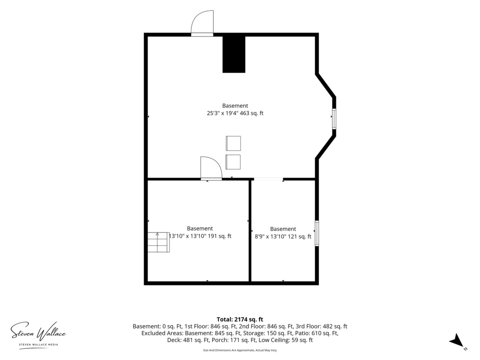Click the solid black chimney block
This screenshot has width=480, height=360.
(x=234, y=54)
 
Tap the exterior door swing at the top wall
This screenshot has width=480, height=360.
(x=202, y=23)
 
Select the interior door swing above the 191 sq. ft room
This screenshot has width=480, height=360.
(x=211, y=168)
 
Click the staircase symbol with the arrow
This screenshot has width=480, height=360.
(x=159, y=242)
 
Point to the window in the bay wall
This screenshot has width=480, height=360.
(x=334, y=119)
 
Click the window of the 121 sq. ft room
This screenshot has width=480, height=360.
(x=316, y=233)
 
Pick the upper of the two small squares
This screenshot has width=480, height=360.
(x=233, y=143)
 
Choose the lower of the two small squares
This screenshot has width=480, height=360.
(x=233, y=162)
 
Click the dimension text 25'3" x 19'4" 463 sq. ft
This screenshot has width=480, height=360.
(x=235, y=113)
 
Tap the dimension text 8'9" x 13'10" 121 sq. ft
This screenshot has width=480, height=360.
(x=283, y=237)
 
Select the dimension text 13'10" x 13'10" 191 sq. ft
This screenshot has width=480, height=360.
(x=200, y=236)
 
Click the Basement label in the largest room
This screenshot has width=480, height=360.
(x=235, y=106)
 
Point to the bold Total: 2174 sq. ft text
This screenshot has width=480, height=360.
(x=240, y=319)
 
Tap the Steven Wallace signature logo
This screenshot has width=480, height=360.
(x=38, y=332)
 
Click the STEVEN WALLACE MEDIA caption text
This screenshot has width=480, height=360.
(x=39, y=345)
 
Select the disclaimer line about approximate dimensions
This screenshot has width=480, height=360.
(x=240, y=350)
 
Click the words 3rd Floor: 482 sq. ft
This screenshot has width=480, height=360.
(x=321, y=326)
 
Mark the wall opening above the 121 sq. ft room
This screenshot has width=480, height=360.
(x=268, y=179)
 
